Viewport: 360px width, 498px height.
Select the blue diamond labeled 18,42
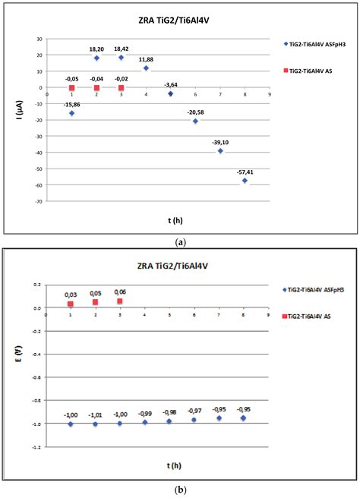[121, 58]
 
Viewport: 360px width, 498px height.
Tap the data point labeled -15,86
[71, 113]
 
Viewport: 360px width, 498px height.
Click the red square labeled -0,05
[71, 87]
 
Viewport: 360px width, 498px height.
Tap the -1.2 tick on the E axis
[38, 447]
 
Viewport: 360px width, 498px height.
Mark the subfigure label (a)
[179, 241]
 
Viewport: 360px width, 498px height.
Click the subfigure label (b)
[179, 490]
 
